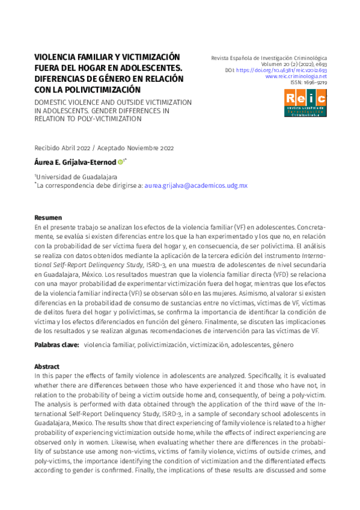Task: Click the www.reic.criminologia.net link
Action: (296, 76)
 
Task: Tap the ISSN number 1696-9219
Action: (314, 83)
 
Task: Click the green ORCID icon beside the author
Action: (120, 162)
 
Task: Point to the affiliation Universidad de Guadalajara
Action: (77, 177)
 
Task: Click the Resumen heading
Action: (47, 217)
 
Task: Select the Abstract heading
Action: (47, 366)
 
